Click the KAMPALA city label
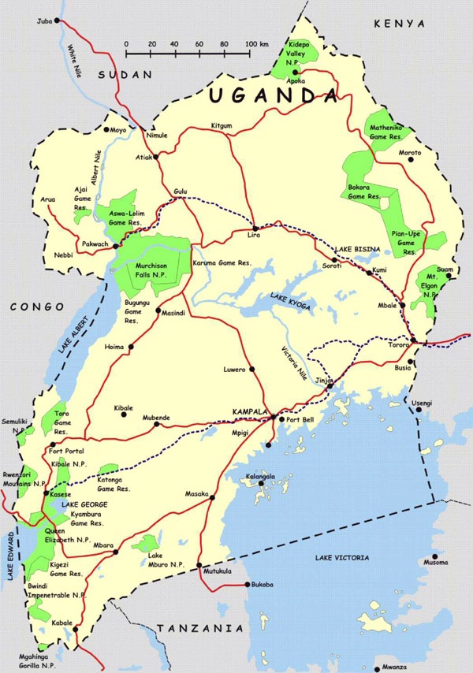[x=251, y=412]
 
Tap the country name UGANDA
[x=274, y=96]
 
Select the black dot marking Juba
[x=57, y=22]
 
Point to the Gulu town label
[x=181, y=192]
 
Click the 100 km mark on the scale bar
[x=251, y=44]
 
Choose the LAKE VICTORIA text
[x=341, y=558]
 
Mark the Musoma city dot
[x=434, y=555]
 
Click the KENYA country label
[x=400, y=24]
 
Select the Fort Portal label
[x=67, y=451]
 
